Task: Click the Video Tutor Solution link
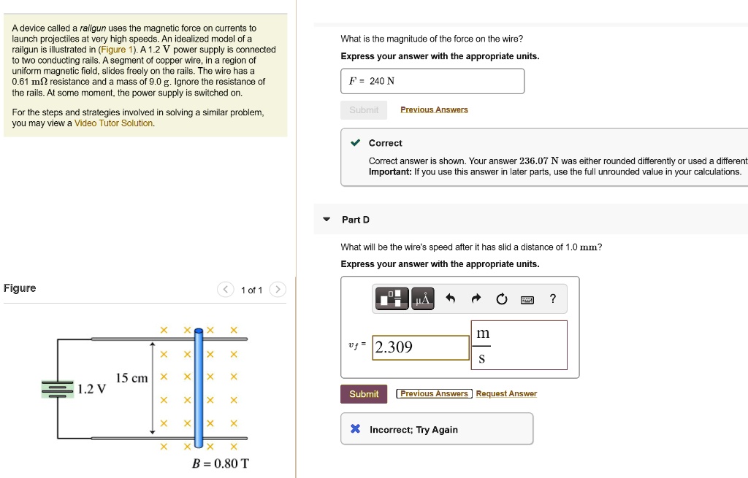point(114,123)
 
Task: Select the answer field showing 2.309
point(421,347)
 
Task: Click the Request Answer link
point(506,394)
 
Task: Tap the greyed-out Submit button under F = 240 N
point(364,110)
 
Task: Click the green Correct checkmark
point(355,143)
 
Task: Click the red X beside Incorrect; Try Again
point(355,429)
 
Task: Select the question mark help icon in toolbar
point(553,298)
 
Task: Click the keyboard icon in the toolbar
point(527,298)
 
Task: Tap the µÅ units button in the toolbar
point(423,298)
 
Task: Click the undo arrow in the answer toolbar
point(451,298)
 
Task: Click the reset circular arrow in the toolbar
point(501,298)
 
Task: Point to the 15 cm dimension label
point(131,378)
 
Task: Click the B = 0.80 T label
point(219,463)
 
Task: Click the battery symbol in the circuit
point(57,389)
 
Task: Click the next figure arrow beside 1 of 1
point(277,290)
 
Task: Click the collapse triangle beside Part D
point(327,220)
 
